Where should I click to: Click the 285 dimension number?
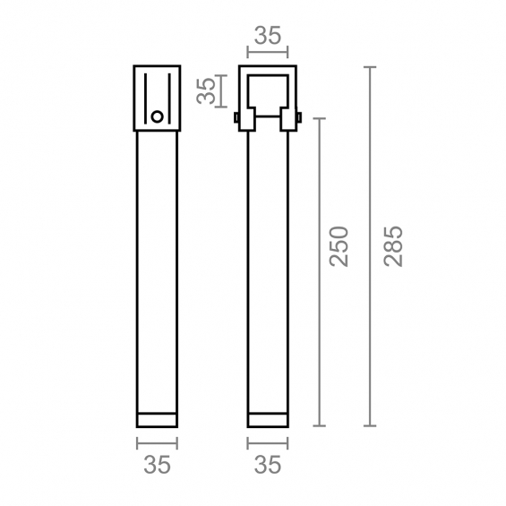(x=394, y=246)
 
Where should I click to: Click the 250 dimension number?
(x=339, y=246)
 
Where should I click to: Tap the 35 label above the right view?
(x=268, y=36)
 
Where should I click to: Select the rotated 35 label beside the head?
(x=206, y=90)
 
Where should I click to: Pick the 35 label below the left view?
(x=157, y=465)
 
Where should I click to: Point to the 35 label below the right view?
(x=268, y=465)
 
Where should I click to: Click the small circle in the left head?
(x=157, y=116)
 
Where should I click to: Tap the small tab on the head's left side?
(x=236, y=117)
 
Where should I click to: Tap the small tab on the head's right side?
(x=299, y=117)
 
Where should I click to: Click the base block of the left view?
(x=157, y=420)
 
